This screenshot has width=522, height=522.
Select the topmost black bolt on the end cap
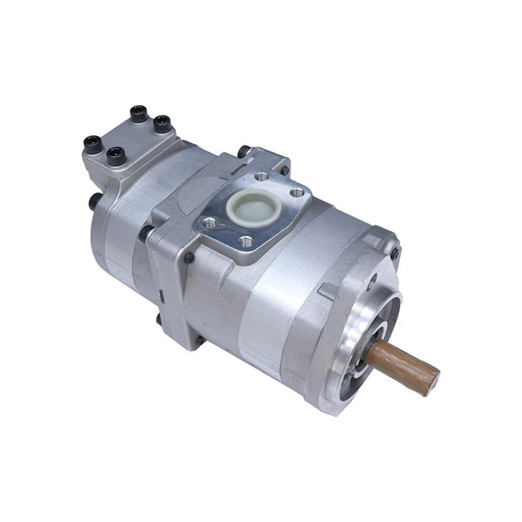click(138, 114)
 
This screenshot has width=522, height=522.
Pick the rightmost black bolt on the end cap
click(162, 123)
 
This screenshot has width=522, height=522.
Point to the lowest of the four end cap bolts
click(116, 155)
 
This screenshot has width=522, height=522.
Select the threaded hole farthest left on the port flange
click(209, 224)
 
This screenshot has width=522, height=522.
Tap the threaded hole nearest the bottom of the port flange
click(245, 241)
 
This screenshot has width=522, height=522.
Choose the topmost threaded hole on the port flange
click(261, 176)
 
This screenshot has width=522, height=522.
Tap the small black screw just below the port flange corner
click(189, 258)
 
